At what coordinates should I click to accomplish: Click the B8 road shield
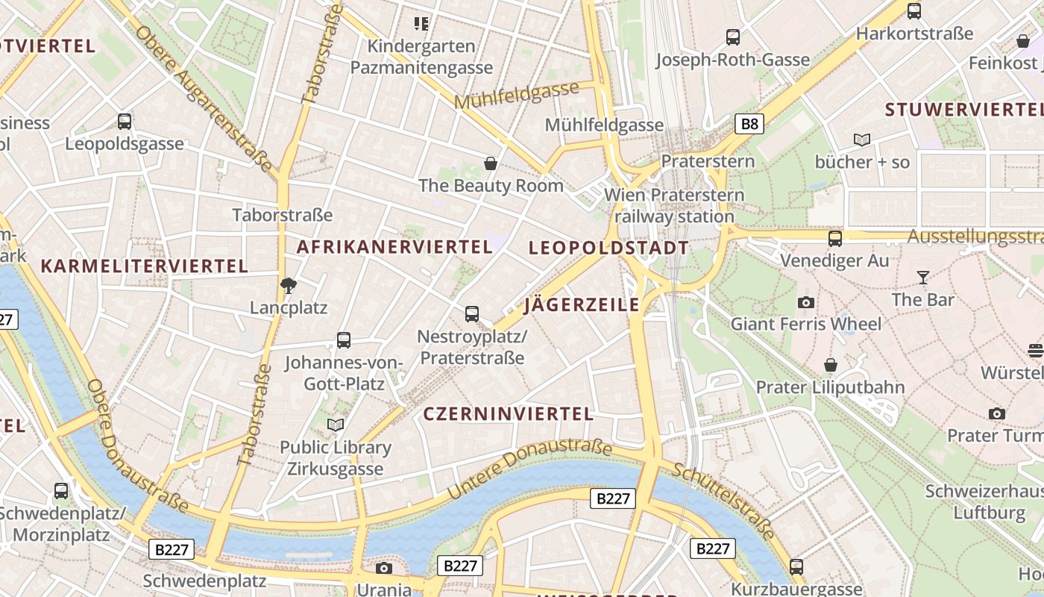point(749,124)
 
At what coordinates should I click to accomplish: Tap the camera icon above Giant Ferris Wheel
point(805,302)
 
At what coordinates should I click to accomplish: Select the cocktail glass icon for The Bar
point(923,278)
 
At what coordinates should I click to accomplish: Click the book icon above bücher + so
point(862,140)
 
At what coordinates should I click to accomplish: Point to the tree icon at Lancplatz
point(288,285)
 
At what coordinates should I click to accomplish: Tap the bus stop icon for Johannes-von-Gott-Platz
point(343,340)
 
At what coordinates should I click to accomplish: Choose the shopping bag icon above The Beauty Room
point(491,163)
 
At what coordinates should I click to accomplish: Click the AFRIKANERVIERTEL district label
point(395,247)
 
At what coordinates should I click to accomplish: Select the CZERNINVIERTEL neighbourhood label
point(509,414)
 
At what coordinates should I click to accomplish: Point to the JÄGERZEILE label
point(582,304)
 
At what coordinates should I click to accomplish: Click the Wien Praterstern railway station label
point(674,206)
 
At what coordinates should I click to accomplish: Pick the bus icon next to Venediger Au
point(835,239)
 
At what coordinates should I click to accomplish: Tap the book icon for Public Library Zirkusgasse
point(336,425)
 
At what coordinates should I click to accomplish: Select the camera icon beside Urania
point(384,569)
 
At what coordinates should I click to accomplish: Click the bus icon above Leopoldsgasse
point(125,121)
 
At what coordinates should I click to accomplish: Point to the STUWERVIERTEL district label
point(963,110)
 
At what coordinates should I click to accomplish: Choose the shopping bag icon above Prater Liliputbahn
point(830,365)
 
